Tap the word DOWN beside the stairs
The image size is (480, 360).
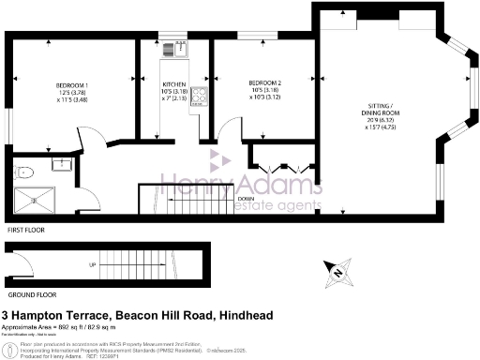246,199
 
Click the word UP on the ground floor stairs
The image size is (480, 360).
91,265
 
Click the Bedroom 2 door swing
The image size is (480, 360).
229,132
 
